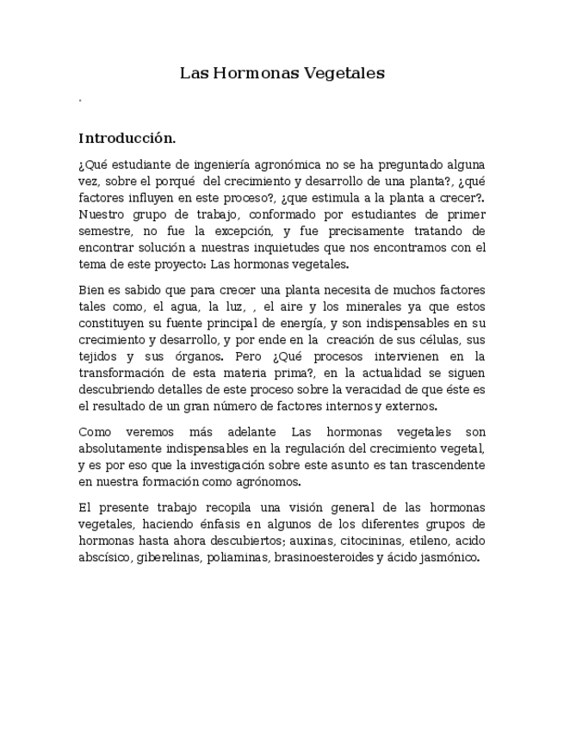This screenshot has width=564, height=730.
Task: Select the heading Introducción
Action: pos(127,138)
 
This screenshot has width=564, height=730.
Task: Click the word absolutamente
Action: pos(119,449)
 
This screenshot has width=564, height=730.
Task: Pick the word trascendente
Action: pos(443,465)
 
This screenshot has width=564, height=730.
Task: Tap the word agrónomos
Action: pos(266,481)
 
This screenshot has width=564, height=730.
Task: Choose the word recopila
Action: pos(225,507)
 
